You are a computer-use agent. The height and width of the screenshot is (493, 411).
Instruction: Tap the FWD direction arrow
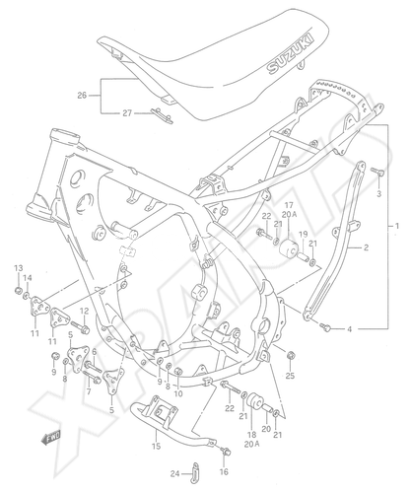[50, 438]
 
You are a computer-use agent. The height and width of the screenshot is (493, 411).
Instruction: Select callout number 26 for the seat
[82, 96]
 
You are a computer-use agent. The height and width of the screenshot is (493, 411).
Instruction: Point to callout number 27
[127, 113]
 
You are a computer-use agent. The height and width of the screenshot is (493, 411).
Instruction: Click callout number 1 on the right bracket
[397, 226]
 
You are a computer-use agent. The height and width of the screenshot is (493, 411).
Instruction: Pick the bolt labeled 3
[377, 172]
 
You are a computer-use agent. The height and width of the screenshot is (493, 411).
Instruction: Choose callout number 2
[366, 247]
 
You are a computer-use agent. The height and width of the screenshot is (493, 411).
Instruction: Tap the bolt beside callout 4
[327, 326]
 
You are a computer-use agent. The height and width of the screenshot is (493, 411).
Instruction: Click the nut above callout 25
[291, 356]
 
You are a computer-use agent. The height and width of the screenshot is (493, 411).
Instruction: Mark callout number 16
[224, 472]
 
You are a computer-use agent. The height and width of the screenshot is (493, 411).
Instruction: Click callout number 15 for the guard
[157, 446]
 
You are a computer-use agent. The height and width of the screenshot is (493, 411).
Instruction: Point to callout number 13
[19, 268]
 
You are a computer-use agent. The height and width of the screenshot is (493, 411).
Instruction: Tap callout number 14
[28, 278]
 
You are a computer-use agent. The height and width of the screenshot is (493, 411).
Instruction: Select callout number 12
[85, 311]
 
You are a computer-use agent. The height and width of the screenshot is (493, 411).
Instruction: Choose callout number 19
[303, 235]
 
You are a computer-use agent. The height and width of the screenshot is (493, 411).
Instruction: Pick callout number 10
[179, 393]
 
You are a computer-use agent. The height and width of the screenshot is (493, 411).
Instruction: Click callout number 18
[252, 435]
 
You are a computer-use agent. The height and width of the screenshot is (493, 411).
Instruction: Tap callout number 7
[89, 391]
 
